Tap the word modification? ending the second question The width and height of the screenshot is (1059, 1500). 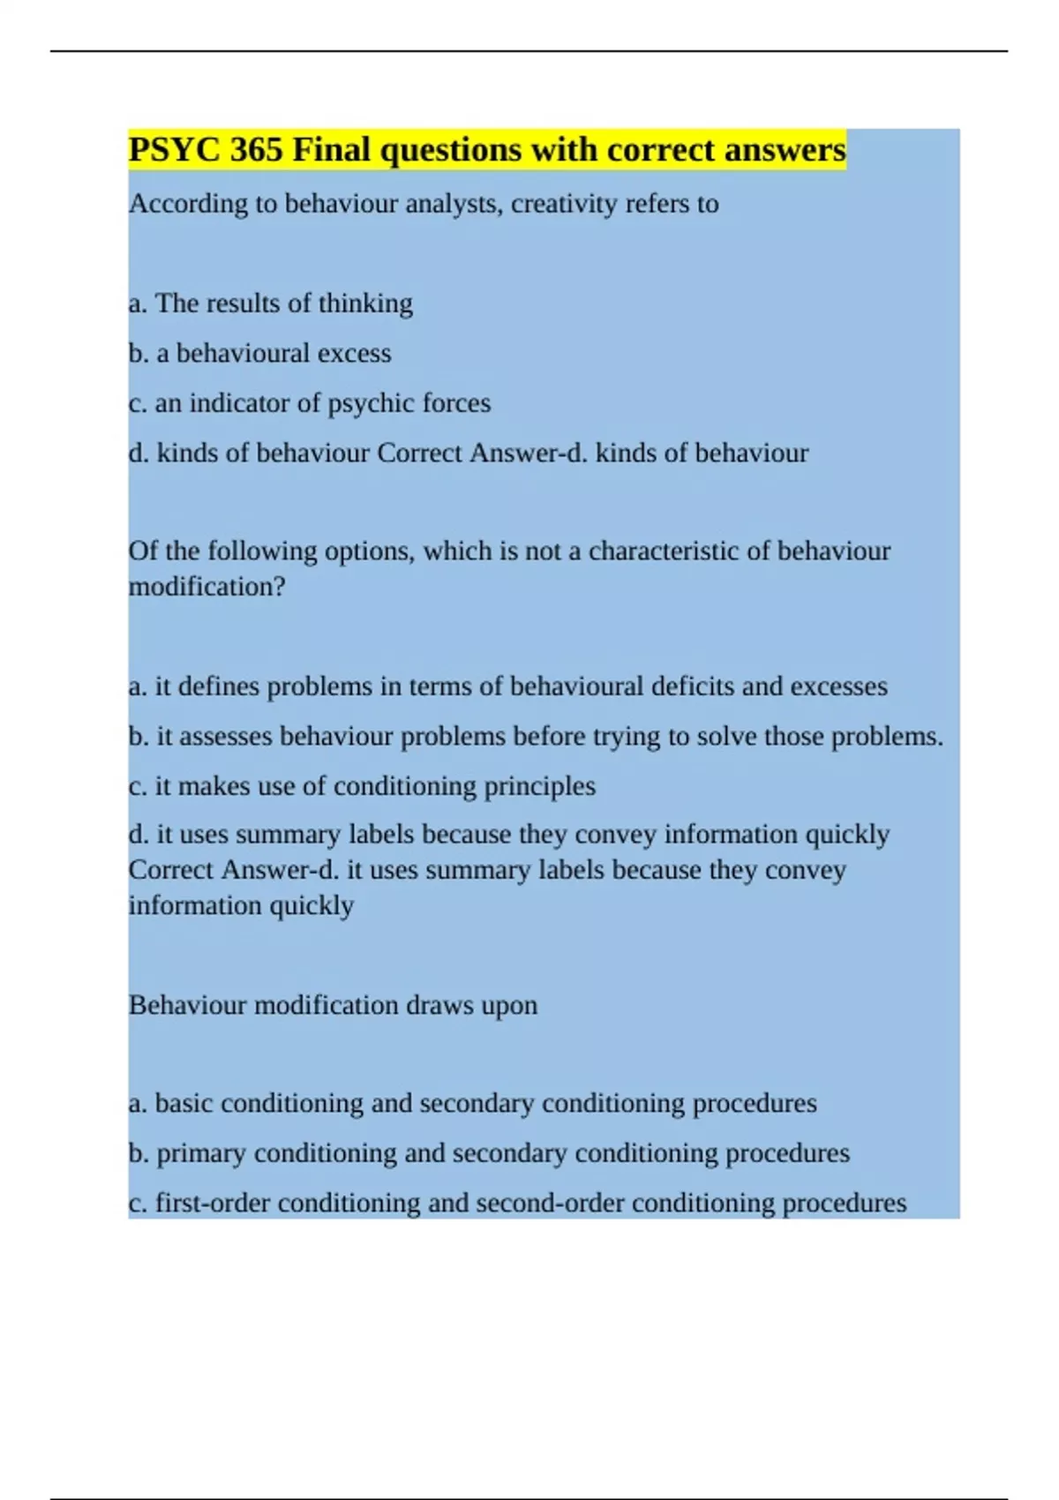(x=207, y=587)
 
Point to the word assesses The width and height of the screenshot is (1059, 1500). (x=214, y=737)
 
